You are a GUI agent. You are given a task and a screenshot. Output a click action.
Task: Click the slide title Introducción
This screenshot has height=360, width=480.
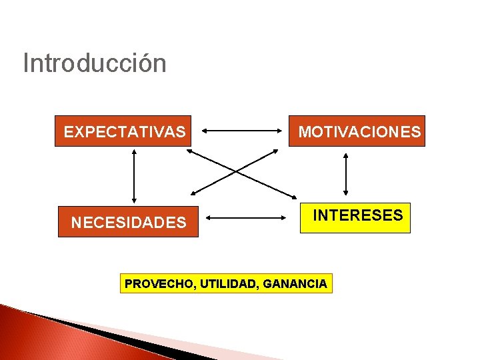[x=94, y=64]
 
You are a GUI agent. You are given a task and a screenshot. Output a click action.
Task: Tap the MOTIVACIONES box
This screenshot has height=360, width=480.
[x=359, y=131]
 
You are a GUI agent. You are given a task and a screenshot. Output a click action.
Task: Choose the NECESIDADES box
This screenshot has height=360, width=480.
[x=128, y=222]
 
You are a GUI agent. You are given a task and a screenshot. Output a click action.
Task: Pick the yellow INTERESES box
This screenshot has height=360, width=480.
[x=355, y=217]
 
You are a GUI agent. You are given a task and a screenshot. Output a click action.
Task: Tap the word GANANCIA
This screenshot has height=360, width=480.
[x=295, y=284]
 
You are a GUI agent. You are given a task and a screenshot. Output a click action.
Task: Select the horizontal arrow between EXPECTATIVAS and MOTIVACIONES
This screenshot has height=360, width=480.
[x=241, y=131]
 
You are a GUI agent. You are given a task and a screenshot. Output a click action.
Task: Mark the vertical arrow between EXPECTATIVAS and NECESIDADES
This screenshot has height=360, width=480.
[x=135, y=175]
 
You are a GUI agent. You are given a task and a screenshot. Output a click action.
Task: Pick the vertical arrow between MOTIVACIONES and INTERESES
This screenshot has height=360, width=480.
[x=345, y=174]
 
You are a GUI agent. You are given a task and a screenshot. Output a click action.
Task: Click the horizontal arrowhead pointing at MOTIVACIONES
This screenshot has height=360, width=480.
[x=279, y=131]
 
